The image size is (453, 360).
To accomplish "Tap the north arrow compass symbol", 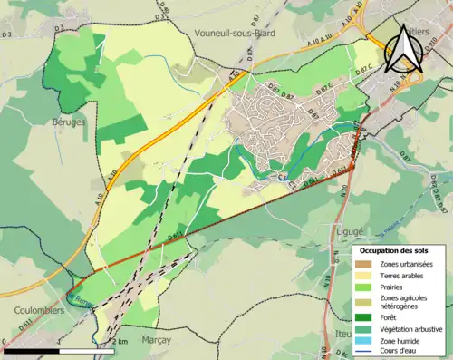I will click(403, 51).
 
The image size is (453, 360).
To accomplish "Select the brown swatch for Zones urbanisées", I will click(367, 263).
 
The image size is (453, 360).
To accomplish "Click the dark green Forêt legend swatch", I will click(367, 316).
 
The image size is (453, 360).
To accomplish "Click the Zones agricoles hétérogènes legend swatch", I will click(367, 301).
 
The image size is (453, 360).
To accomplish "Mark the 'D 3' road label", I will click(7, 34).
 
